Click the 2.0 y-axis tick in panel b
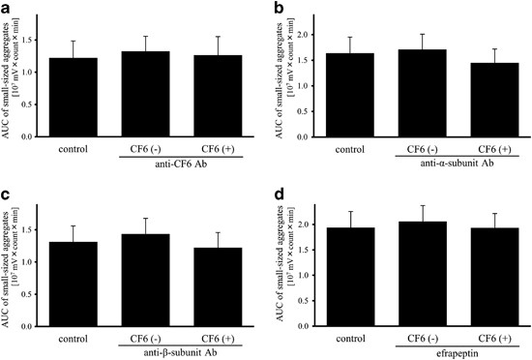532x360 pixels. [x=328, y=35]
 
